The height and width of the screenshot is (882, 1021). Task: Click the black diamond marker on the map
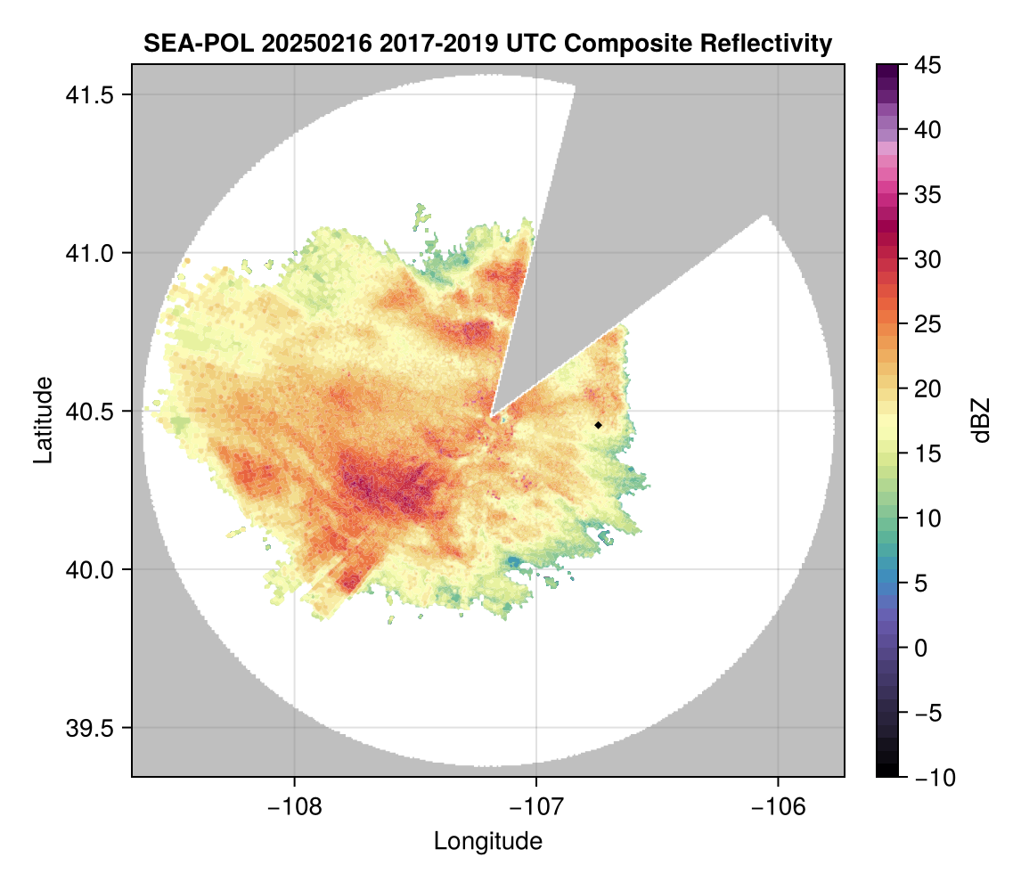click(598, 425)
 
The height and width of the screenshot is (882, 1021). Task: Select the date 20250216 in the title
click(307, 43)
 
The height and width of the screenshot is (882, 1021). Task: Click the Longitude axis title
click(487, 841)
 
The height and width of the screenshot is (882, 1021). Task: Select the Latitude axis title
click(43, 420)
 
